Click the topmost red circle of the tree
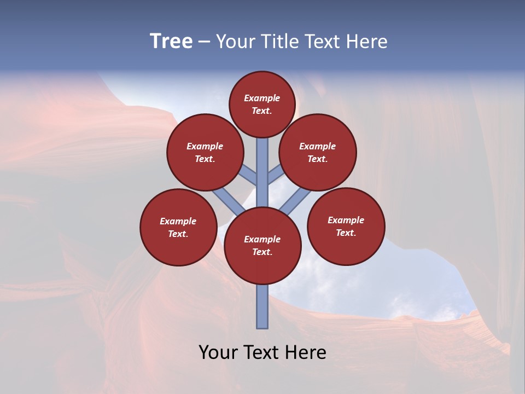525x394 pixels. (262, 104)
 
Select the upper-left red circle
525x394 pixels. (205, 152)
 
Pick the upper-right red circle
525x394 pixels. (318, 152)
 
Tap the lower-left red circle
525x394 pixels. (178, 227)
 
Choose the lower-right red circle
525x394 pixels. (346, 226)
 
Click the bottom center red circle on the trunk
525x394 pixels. (262, 246)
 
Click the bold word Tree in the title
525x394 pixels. (171, 41)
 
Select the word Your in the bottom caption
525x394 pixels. (218, 352)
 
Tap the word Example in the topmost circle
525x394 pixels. (262, 98)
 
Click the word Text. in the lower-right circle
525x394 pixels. (346, 233)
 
